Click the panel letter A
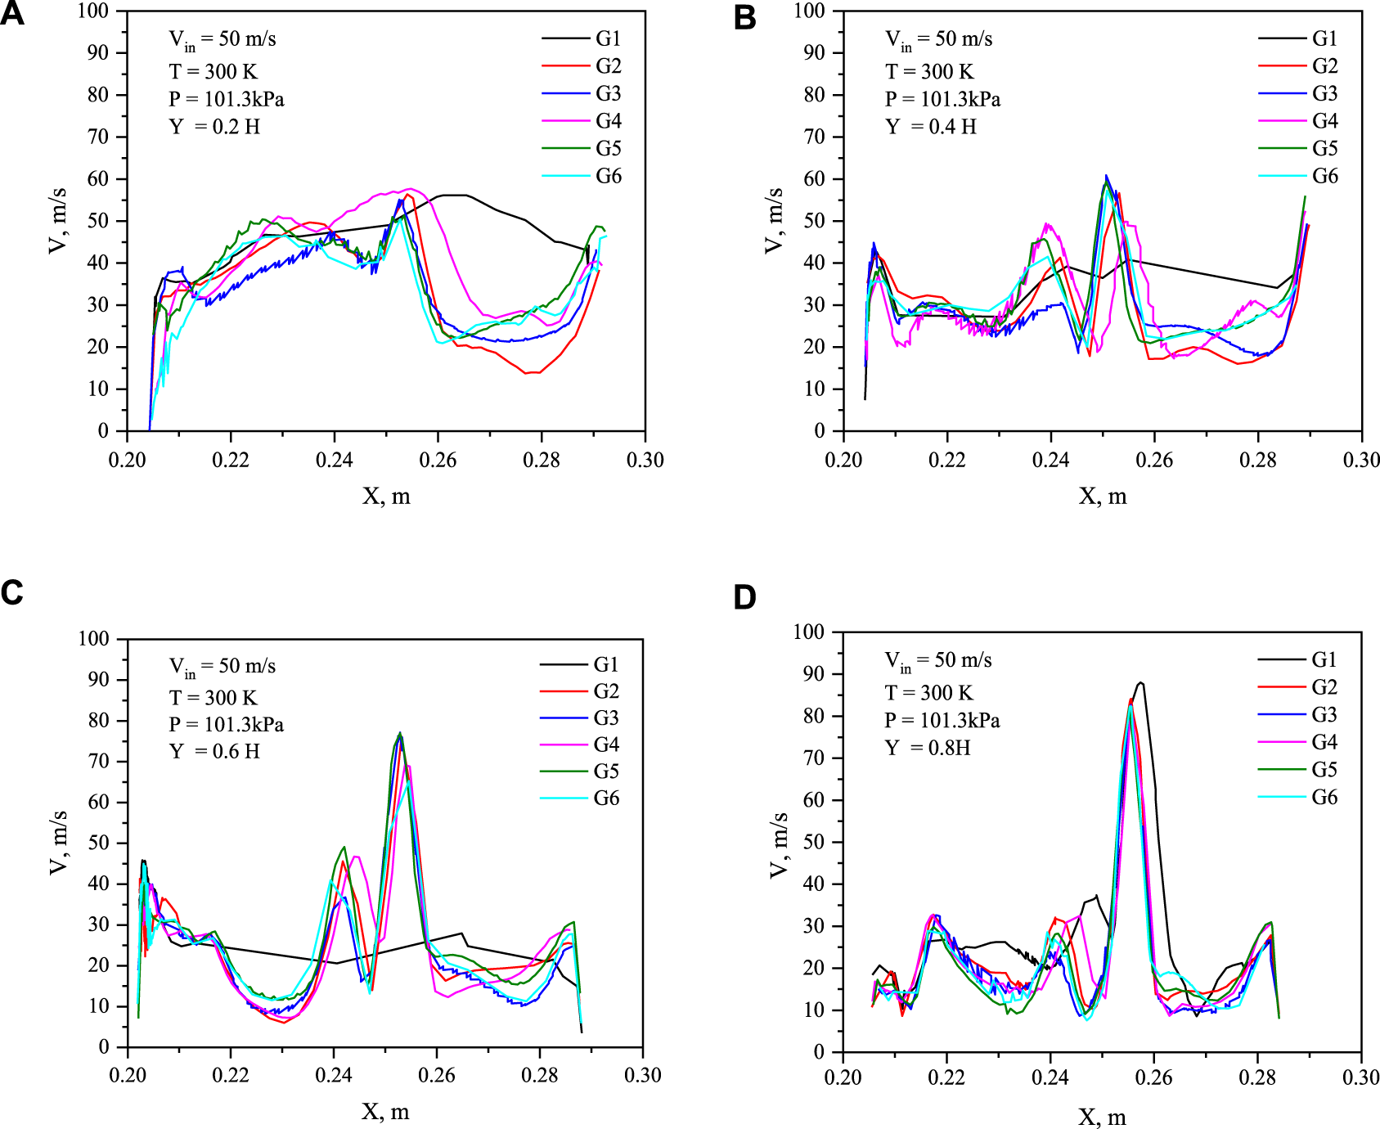click(x=12, y=14)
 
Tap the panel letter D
click(x=744, y=598)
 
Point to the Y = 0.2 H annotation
click(x=214, y=127)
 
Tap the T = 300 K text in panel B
click(x=929, y=72)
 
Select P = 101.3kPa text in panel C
click(x=227, y=725)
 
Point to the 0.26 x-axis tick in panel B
click(x=1154, y=460)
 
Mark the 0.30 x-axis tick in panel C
click(x=643, y=1075)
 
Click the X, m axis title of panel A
click(x=386, y=496)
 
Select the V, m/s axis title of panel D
click(x=778, y=844)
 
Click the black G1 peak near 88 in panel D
click(x=1140, y=682)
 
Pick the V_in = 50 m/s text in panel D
click(x=938, y=661)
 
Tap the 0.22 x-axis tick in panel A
click(x=231, y=460)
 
